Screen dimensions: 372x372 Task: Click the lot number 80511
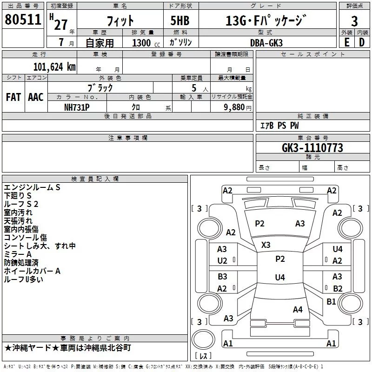23,19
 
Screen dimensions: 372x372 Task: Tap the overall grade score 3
354,21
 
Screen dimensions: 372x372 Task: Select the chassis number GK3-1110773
312,148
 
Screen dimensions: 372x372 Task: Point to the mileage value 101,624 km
54,67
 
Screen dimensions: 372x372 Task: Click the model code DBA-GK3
266,43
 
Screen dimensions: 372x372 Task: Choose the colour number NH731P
77,107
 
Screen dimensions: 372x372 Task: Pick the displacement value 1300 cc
146,43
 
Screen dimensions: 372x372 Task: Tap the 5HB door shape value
180,20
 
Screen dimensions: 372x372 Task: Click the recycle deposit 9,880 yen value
238,107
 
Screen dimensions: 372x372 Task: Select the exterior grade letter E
346,42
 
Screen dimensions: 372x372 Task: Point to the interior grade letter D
362,42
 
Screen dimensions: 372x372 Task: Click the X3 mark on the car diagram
266,245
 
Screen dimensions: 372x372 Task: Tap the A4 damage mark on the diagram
298,309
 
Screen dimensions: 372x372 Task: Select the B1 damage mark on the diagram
331,301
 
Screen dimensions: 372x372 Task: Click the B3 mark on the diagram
223,276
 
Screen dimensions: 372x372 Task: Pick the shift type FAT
13,97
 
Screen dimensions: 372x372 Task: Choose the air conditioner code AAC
36,97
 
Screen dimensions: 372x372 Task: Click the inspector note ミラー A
18,254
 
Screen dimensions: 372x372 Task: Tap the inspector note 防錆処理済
21,263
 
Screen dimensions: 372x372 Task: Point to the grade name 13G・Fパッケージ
266,20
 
